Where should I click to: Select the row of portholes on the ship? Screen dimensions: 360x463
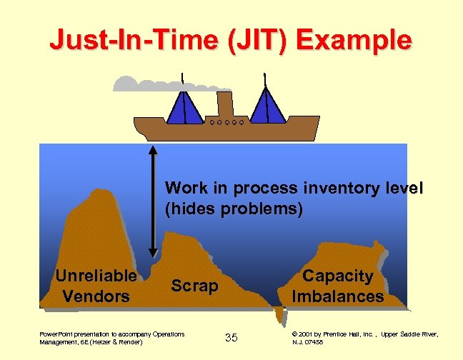point(226,122)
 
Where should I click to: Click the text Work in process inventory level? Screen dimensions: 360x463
point(294,189)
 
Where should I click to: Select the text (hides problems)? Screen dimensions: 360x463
point(234,209)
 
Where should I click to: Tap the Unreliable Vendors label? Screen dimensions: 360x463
point(96,285)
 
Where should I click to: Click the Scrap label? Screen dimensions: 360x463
point(194,286)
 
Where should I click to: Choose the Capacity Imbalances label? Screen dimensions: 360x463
point(338,286)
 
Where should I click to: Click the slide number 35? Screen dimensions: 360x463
point(231,337)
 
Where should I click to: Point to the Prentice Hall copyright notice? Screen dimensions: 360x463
point(365,338)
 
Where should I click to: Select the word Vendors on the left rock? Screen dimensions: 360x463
point(96,294)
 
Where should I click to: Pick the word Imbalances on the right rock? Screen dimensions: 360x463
point(338,296)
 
